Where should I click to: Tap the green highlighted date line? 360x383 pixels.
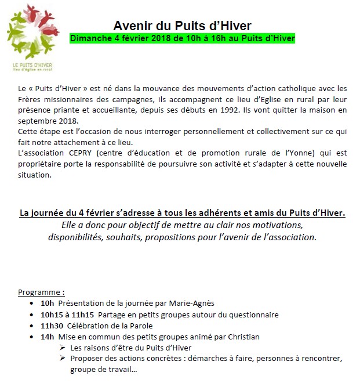pos(182,39)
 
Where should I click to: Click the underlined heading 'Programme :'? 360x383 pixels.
pos(41,291)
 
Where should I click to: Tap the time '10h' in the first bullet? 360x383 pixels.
pos(47,303)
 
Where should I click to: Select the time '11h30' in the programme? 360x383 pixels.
pos(52,326)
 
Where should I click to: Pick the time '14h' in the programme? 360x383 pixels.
pos(47,337)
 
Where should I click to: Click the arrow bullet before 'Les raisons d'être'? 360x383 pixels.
pos(61,348)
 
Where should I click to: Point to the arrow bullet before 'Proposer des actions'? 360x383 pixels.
pos(61,359)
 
